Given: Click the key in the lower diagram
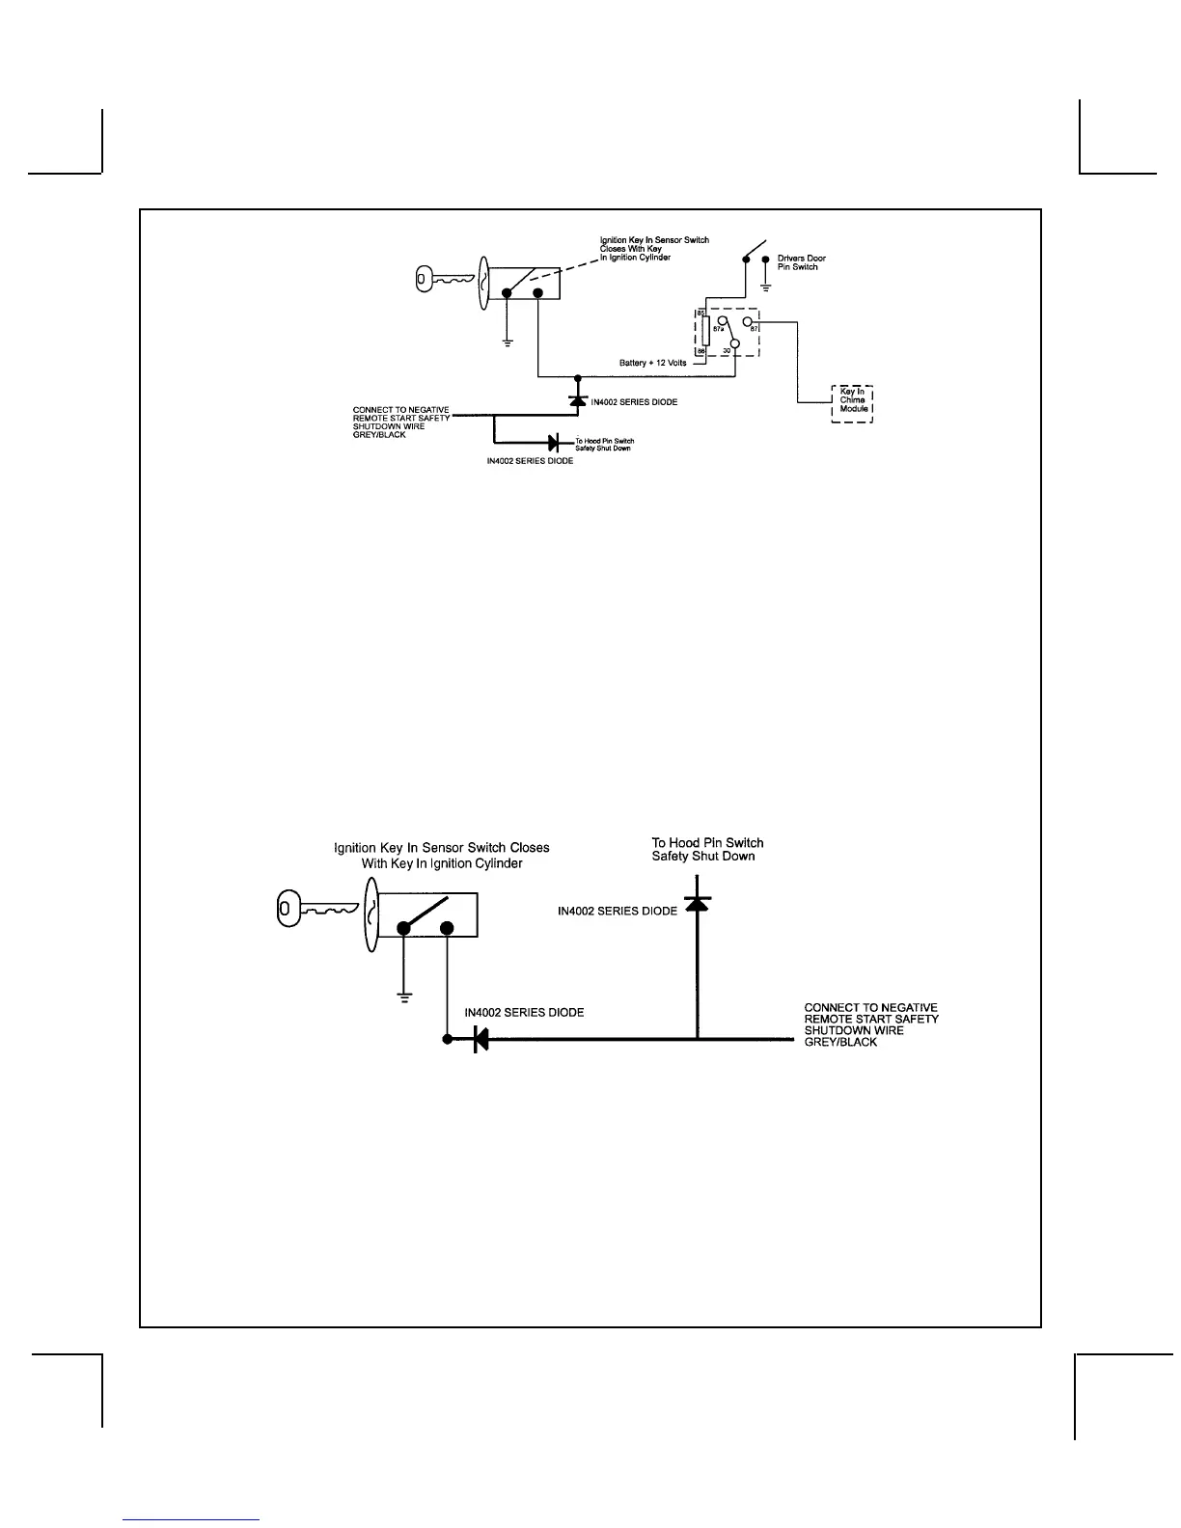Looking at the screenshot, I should [316, 909].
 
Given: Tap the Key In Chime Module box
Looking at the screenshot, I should [852, 403].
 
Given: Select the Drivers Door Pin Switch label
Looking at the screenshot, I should [801, 262].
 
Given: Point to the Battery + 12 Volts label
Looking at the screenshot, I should [652, 364].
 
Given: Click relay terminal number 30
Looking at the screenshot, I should [726, 351].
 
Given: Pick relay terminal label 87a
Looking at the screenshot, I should [718, 329].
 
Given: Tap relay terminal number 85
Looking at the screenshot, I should [701, 314].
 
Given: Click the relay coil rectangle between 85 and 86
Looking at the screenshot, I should [705, 332].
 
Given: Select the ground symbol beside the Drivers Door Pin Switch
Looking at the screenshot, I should [765, 286].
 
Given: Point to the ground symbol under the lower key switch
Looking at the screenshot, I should [404, 996].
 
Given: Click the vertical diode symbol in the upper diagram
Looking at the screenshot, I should [577, 399].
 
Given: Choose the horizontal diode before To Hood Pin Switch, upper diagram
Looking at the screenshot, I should [554, 443].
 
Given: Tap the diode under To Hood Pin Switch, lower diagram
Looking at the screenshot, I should [697, 904].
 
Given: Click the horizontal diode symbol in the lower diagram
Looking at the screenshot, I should [481, 1040].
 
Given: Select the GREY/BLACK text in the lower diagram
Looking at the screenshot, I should [840, 1043].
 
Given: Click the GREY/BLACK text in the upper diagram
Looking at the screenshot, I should [379, 435].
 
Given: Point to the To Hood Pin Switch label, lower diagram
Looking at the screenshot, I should [707, 849].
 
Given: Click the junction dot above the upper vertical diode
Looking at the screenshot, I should [577, 377].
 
